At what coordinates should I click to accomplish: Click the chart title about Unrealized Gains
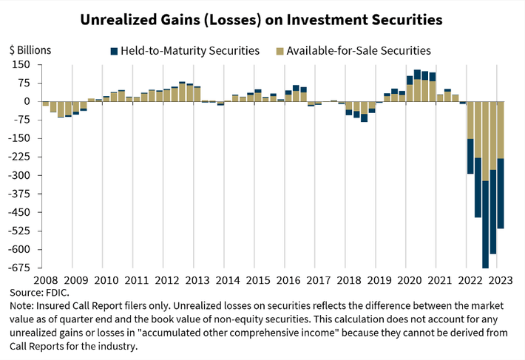point(262,19)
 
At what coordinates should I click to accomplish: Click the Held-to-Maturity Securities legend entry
point(185,51)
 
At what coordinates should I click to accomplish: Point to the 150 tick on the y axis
point(20,64)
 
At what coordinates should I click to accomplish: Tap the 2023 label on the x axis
point(496,280)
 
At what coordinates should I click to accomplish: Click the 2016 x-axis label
point(285,280)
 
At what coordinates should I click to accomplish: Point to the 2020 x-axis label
point(405,280)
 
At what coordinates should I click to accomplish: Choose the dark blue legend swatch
point(114,51)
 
